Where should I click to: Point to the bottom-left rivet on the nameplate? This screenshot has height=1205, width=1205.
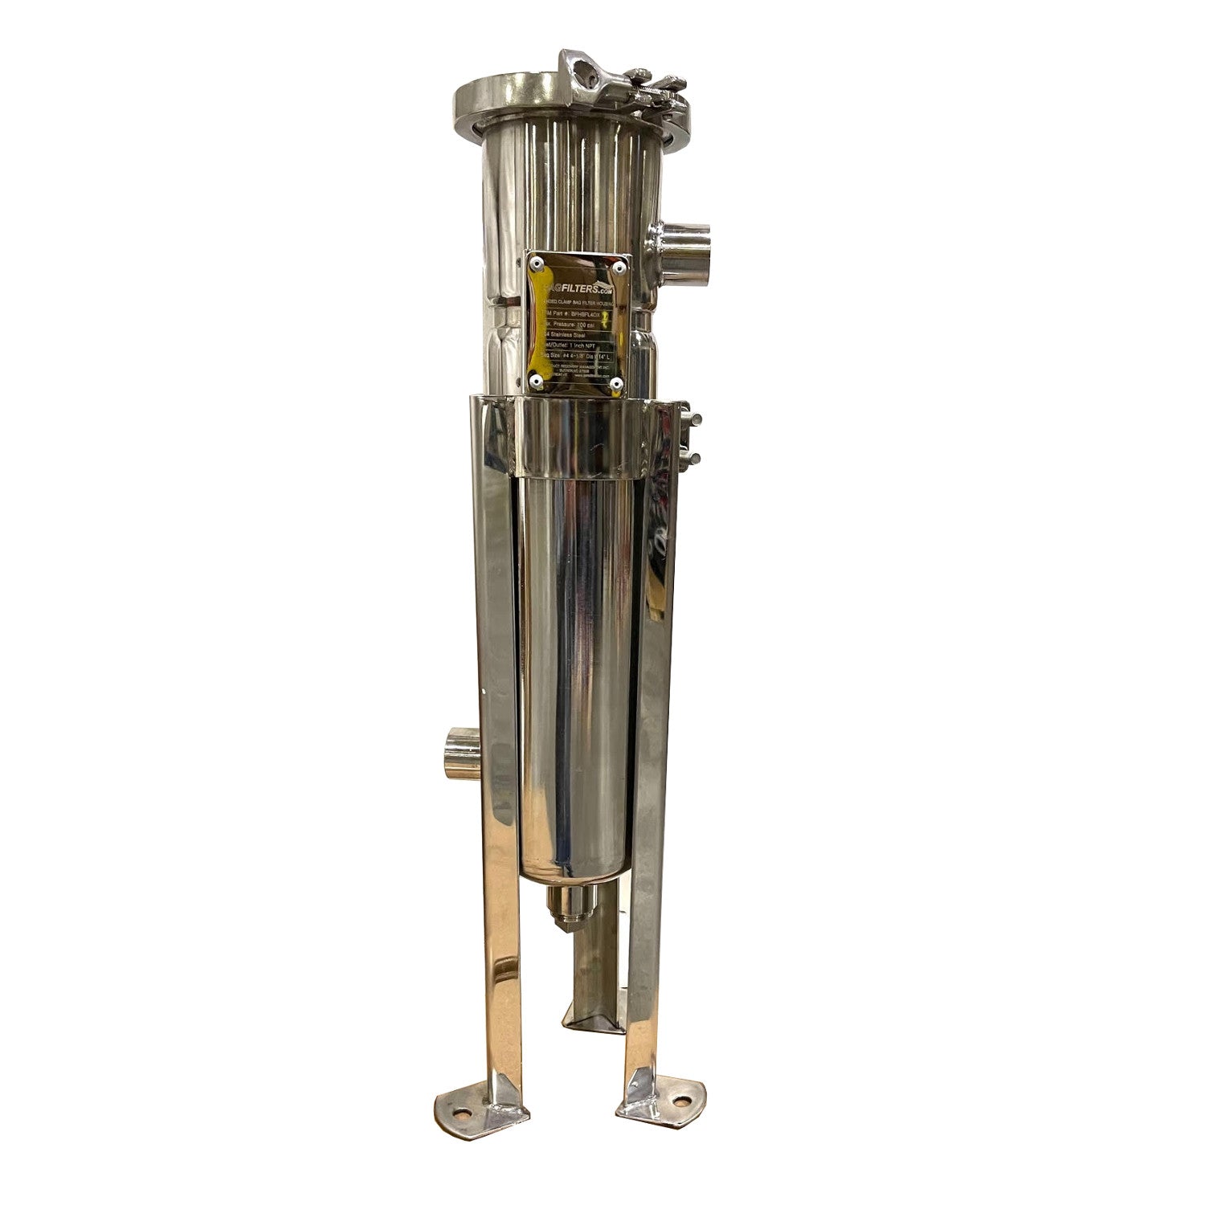click(537, 380)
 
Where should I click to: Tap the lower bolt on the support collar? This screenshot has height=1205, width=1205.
click(696, 457)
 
